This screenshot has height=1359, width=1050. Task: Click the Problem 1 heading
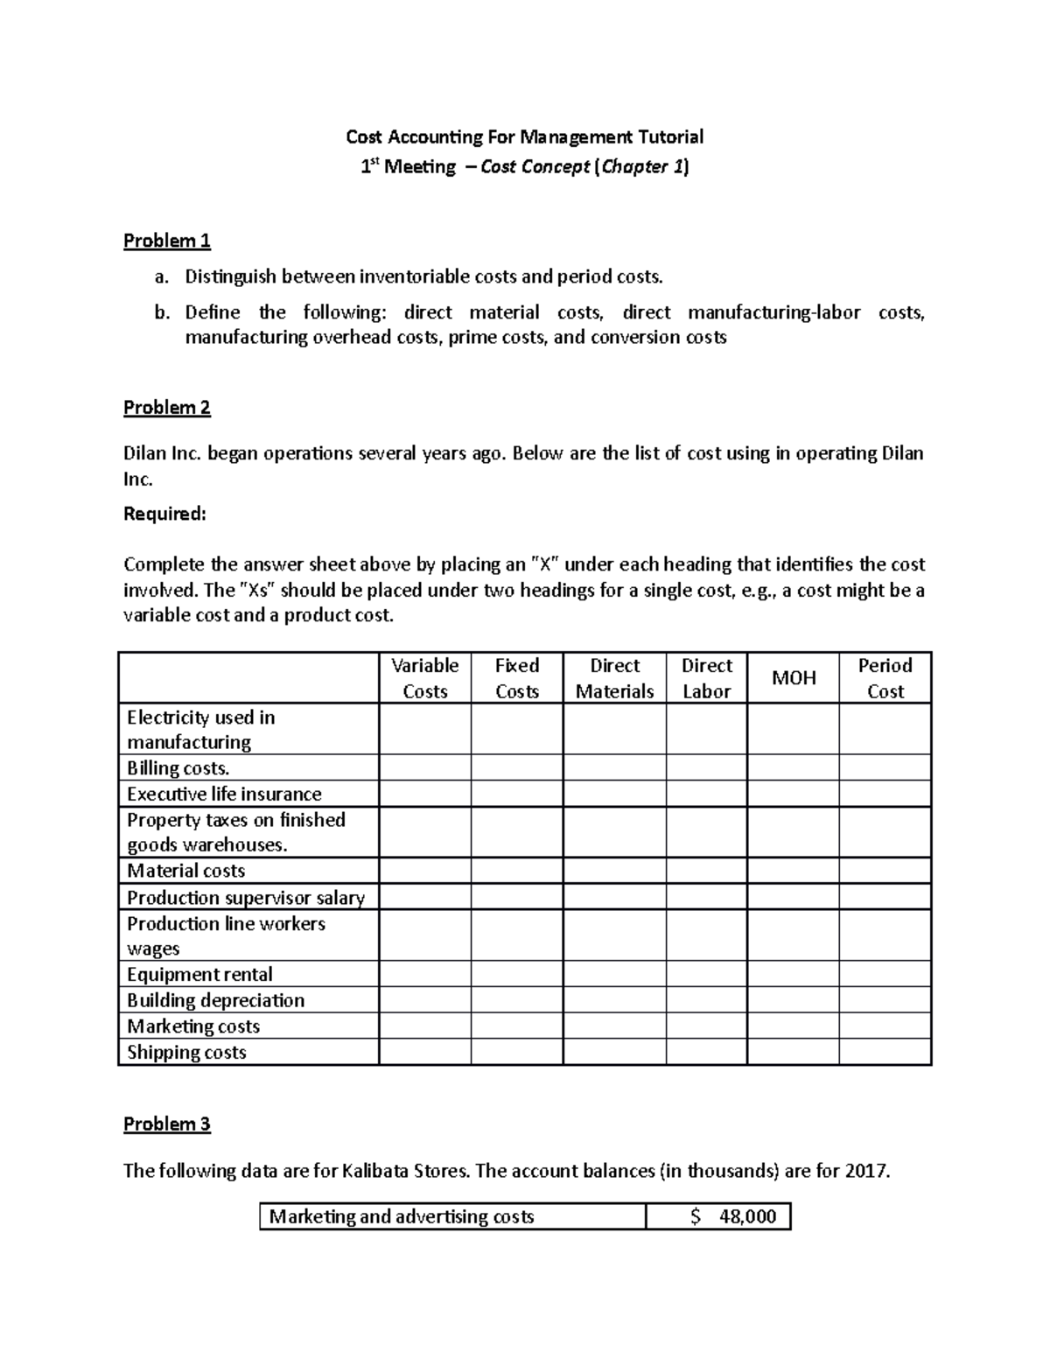(x=166, y=241)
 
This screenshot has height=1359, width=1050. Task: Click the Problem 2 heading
(x=166, y=408)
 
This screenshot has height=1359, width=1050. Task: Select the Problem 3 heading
(x=166, y=1124)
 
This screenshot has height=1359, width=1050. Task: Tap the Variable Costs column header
(x=424, y=678)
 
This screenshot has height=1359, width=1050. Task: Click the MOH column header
(x=793, y=678)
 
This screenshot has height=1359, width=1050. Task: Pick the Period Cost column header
(x=885, y=678)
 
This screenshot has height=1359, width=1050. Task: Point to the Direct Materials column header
(x=614, y=678)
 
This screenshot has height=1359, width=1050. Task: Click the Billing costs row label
(x=178, y=768)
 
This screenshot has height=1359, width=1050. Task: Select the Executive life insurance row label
(x=224, y=795)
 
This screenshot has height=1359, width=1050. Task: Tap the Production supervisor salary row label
(x=245, y=898)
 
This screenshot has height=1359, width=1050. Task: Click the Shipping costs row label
(x=186, y=1053)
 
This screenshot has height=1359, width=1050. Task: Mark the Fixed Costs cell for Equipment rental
(x=516, y=975)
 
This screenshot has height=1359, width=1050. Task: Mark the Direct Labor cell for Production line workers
(x=706, y=935)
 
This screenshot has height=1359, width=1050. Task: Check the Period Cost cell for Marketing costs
(x=885, y=1026)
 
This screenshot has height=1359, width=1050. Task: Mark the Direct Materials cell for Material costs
(x=614, y=871)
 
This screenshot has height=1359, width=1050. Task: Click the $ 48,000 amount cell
(x=717, y=1217)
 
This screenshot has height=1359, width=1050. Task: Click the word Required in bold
(x=164, y=515)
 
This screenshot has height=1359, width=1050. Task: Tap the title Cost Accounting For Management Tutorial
(x=524, y=137)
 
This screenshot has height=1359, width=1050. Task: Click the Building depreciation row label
(x=215, y=1001)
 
